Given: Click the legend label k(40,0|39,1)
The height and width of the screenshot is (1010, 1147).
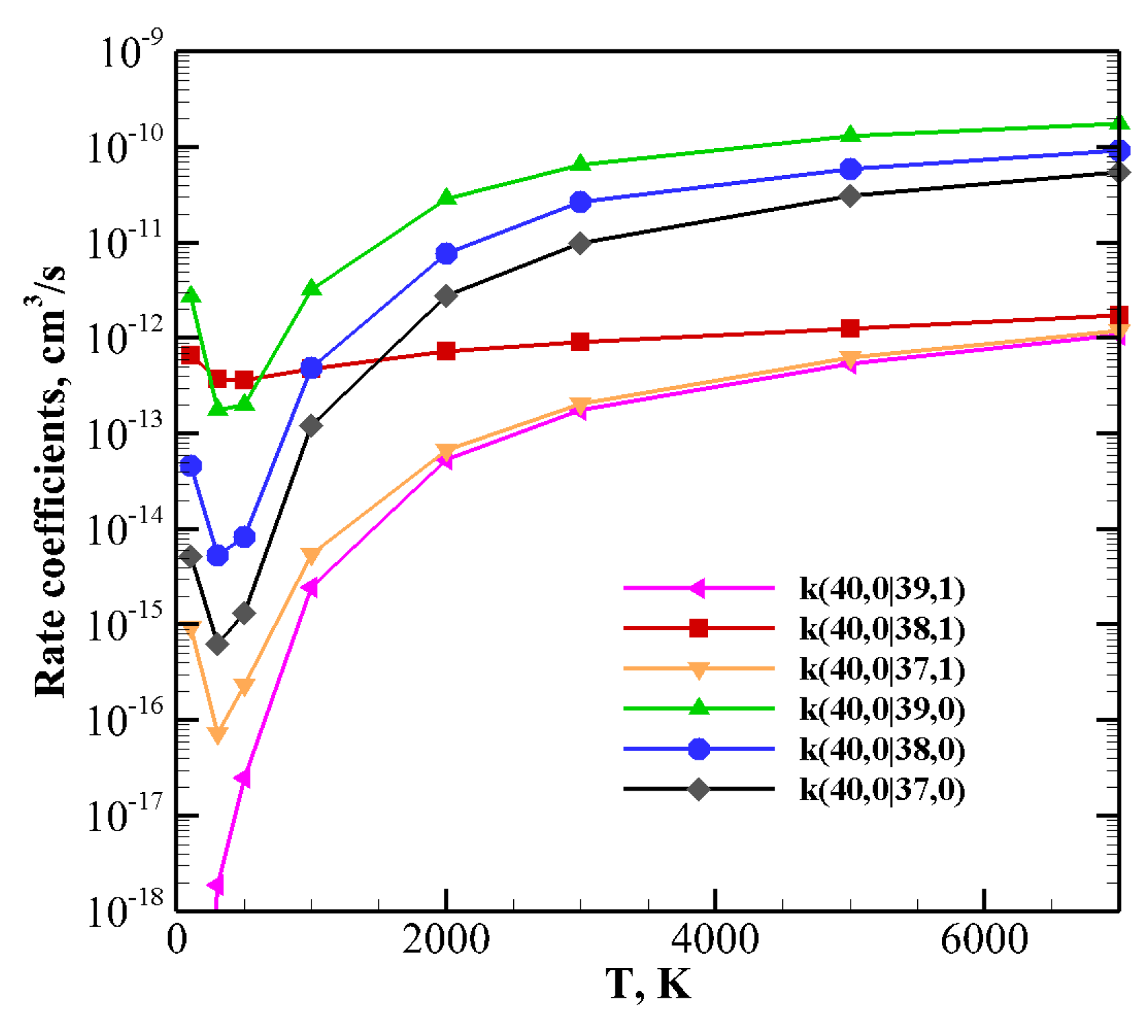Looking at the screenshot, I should [882, 589].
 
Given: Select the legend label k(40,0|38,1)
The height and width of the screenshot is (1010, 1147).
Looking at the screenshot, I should [882, 629].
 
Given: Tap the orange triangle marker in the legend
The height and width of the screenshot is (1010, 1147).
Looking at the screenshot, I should [698, 669].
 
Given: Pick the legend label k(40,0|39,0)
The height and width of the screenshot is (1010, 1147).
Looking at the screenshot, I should [882, 709].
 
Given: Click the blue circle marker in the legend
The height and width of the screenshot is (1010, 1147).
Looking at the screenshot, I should [698, 749].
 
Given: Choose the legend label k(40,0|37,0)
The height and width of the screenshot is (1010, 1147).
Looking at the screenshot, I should [882, 789].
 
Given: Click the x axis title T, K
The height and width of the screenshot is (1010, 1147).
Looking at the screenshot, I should [648, 984].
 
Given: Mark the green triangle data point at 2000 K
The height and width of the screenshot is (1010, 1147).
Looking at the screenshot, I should [447, 198].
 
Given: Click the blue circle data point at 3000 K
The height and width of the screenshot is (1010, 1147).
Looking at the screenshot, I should [580, 202].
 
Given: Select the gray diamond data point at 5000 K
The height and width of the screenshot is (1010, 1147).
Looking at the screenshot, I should [850, 196].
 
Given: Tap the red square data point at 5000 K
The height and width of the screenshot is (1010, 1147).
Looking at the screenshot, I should [850, 328].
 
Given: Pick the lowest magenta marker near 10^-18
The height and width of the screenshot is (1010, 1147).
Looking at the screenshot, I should [216, 885].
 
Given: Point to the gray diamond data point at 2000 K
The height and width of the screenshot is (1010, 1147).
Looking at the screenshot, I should [447, 296].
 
